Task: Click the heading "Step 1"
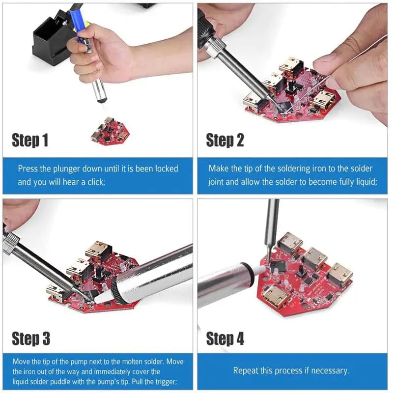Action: (x=30, y=141)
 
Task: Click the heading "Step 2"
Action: (x=225, y=141)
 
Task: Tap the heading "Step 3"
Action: (x=30, y=338)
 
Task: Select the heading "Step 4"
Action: (x=225, y=338)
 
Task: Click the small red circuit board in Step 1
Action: (x=110, y=131)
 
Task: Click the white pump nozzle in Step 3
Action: (x=104, y=296)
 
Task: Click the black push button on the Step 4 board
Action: (x=299, y=270)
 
